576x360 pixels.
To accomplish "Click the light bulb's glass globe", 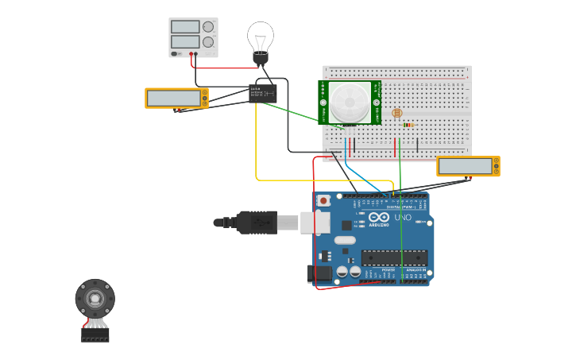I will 260,35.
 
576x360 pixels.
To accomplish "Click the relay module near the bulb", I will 261,93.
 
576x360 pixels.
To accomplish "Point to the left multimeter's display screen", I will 173,98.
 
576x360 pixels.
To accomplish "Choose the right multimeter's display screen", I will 465,167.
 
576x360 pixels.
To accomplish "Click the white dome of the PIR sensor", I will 350,103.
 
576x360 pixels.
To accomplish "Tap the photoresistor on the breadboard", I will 397,114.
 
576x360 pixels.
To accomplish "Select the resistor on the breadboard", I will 408,125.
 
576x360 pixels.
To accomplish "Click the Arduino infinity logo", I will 378,218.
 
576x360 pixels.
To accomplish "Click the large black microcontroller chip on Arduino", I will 394,258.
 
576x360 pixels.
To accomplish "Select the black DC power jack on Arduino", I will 319,273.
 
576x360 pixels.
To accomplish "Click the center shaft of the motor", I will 95,299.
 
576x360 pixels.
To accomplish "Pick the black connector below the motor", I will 95,336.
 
